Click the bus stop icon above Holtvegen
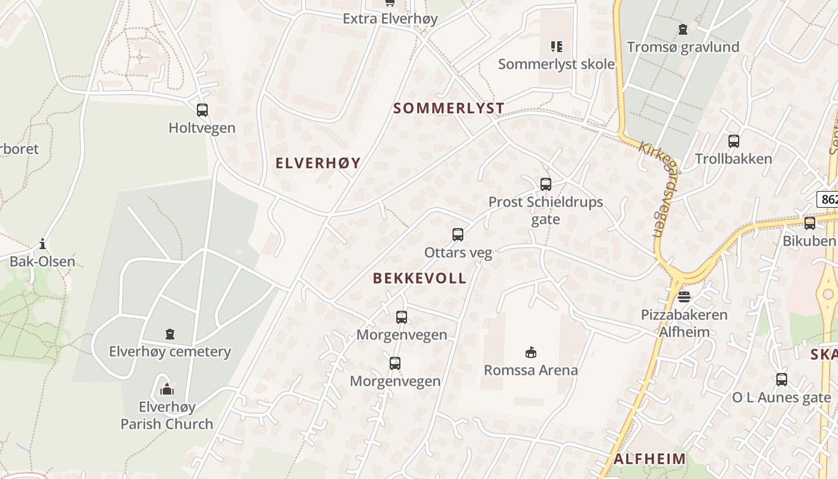click(202, 110)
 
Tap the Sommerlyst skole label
click(556, 64)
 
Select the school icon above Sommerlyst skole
click(557, 46)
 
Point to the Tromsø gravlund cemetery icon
click(683, 29)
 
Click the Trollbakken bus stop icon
click(734, 141)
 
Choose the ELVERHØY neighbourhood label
click(318, 163)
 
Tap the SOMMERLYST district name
click(448, 108)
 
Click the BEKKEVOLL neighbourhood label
click(419, 278)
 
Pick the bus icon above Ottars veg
click(458, 235)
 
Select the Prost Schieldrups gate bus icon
click(546, 184)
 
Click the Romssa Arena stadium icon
click(530, 352)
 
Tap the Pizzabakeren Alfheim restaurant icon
click(684, 297)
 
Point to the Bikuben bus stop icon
click(810, 223)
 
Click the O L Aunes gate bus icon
click(782, 380)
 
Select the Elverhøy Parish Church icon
click(167, 390)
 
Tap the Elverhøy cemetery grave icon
click(170, 334)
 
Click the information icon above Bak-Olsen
click(42, 244)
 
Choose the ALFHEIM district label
click(649, 459)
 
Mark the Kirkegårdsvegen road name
click(656, 189)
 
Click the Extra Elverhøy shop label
click(390, 19)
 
